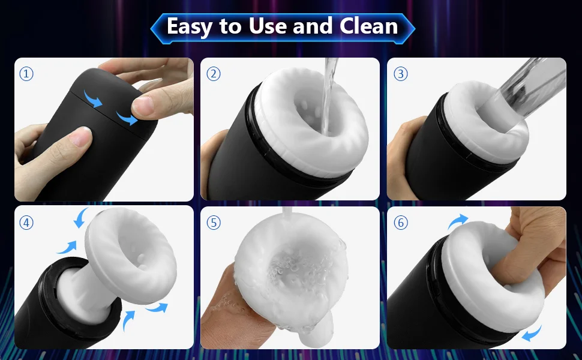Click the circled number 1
(x=26, y=74)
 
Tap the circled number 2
(x=214, y=74)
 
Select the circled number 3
(x=400, y=74)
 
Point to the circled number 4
(x=26, y=223)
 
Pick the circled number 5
(x=214, y=223)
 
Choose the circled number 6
(x=400, y=223)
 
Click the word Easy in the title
(x=192, y=26)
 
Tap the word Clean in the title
(x=368, y=26)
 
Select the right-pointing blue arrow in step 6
(x=458, y=221)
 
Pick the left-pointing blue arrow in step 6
(x=530, y=331)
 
